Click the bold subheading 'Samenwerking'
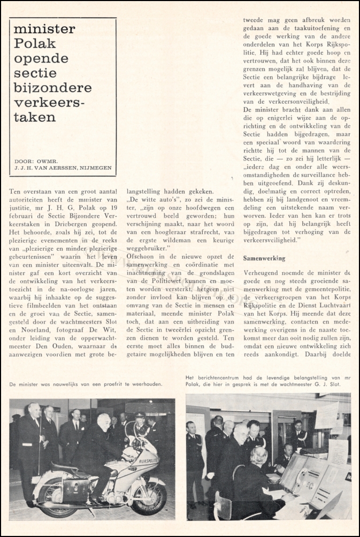click(264, 258)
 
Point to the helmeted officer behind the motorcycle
click(140, 423)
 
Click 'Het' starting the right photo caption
click(192, 378)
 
